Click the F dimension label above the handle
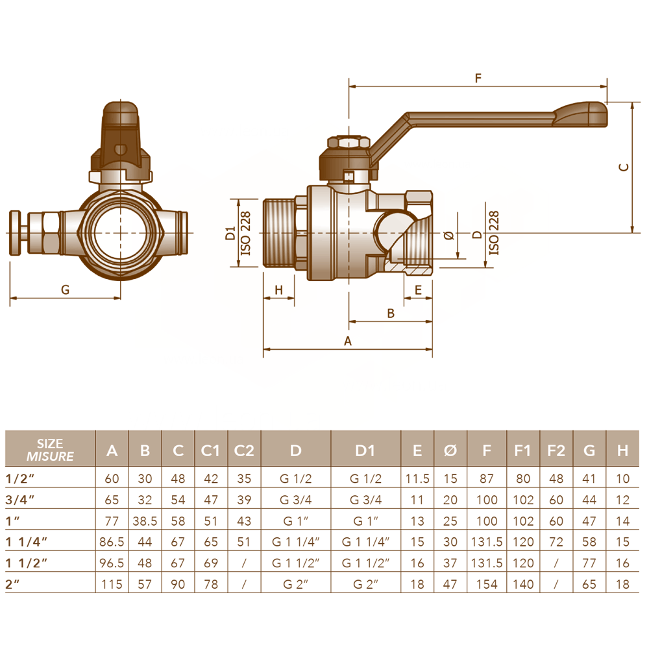point(478,78)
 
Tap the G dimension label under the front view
point(65,289)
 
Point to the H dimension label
point(278,289)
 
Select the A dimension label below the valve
point(348,341)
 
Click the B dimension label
point(391,313)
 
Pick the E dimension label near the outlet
point(418,289)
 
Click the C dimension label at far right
point(624,167)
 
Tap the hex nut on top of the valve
point(349,142)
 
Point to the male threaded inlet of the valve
point(279,233)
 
